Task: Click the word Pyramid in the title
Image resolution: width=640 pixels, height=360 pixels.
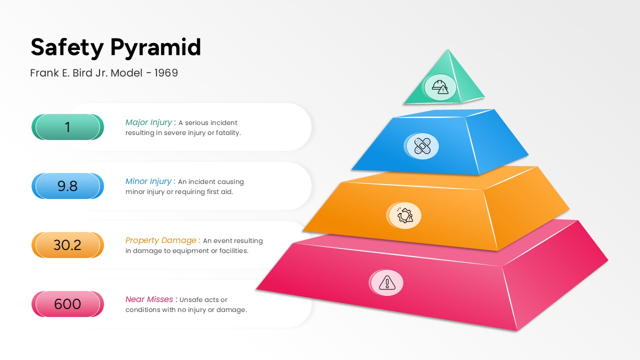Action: tap(155, 47)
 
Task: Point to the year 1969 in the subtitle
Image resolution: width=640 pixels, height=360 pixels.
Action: tap(166, 73)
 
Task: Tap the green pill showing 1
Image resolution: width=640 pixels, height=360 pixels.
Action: tap(67, 127)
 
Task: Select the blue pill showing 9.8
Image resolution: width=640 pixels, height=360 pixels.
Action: tap(67, 186)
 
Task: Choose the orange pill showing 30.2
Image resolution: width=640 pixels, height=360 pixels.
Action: tap(67, 245)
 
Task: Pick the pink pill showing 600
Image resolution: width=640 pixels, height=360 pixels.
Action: tap(67, 304)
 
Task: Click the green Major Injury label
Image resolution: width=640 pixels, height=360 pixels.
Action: tap(149, 122)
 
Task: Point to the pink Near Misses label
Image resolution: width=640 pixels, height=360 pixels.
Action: tap(150, 299)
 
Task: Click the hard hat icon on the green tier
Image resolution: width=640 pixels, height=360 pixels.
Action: tap(440, 87)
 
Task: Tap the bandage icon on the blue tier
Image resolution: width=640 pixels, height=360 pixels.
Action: tap(422, 146)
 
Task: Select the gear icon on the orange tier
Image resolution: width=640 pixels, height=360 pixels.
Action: tap(404, 215)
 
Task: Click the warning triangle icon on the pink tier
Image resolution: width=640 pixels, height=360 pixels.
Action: tap(386, 283)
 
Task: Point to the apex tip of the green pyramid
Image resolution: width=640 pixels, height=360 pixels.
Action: tap(448, 50)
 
